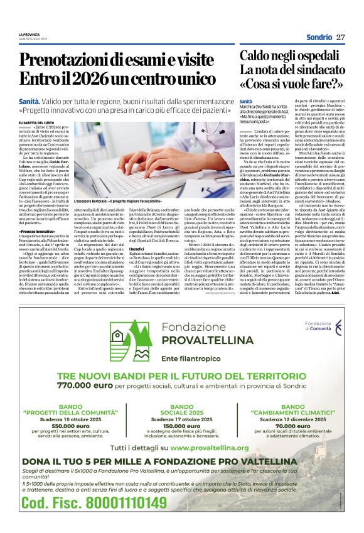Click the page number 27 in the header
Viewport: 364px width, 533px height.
click(x=340, y=37)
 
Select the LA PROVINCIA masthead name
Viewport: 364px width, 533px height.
click(x=29, y=34)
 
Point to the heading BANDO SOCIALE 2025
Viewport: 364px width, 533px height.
click(x=182, y=409)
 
